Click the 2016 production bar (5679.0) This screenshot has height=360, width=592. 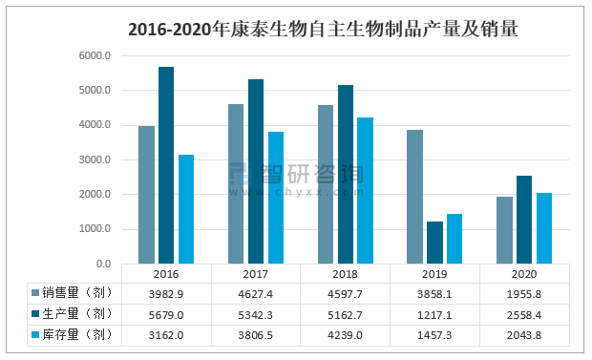coord(166,165)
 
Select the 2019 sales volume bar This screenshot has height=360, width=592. coord(414,197)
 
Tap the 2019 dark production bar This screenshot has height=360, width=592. coord(434,243)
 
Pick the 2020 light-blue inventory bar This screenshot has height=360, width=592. coord(543,228)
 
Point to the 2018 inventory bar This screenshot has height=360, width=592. coord(365,190)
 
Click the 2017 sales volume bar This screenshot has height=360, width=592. coord(236,183)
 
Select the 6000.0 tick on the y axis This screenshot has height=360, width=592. coord(95,55)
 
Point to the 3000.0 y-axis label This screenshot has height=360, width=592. coord(95,159)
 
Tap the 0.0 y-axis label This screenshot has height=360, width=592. coord(103,264)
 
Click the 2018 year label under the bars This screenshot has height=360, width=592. coord(345,274)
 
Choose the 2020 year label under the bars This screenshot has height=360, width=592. coord(523,274)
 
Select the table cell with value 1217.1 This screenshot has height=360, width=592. coord(434,313)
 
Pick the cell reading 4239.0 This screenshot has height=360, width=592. coord(345,334)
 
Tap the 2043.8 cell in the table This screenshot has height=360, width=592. coord(523,334)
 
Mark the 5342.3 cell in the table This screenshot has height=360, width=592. coord(256,313)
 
